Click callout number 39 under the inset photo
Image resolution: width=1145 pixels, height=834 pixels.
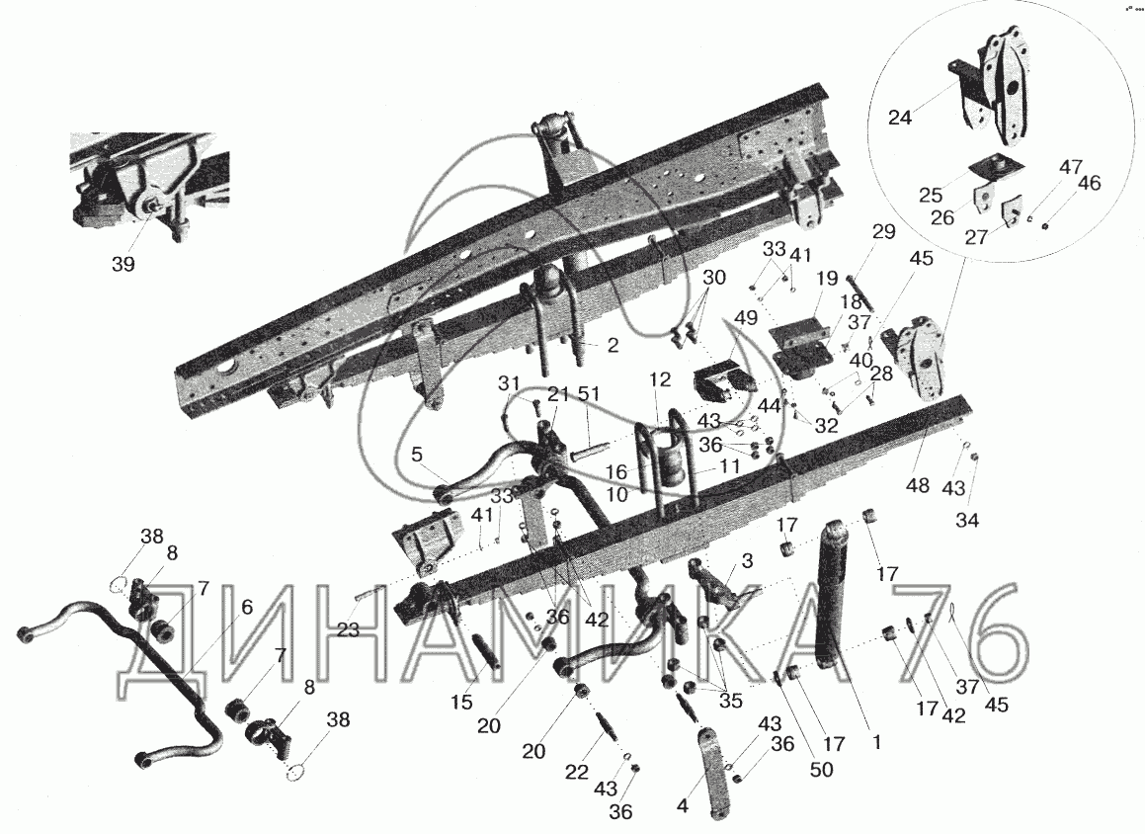(x=123, y=264)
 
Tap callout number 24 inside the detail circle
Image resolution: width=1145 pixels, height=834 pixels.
(x=900, y=117)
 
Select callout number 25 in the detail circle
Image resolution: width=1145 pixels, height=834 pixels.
(x=931, y=195)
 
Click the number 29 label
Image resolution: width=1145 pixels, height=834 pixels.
(x=883, y=231)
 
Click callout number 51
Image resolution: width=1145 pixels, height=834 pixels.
(x=589, y=394)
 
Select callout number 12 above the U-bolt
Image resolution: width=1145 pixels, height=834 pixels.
(x=659, y=378)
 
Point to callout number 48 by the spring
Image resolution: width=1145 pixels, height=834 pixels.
(x=918, y=485)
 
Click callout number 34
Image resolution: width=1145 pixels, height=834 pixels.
(x=967, y=520)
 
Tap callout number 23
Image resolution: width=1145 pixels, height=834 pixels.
(x=349, y=628)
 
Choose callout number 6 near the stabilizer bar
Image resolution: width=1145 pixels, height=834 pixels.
(x=247, y=606)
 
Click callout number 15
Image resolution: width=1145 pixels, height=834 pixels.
(x=461, y=702)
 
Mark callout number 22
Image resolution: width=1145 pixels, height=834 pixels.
(x=577, y=771)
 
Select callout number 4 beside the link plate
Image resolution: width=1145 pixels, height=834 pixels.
(x=683, y=807)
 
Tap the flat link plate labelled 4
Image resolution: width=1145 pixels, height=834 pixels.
(x=715, y=773)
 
